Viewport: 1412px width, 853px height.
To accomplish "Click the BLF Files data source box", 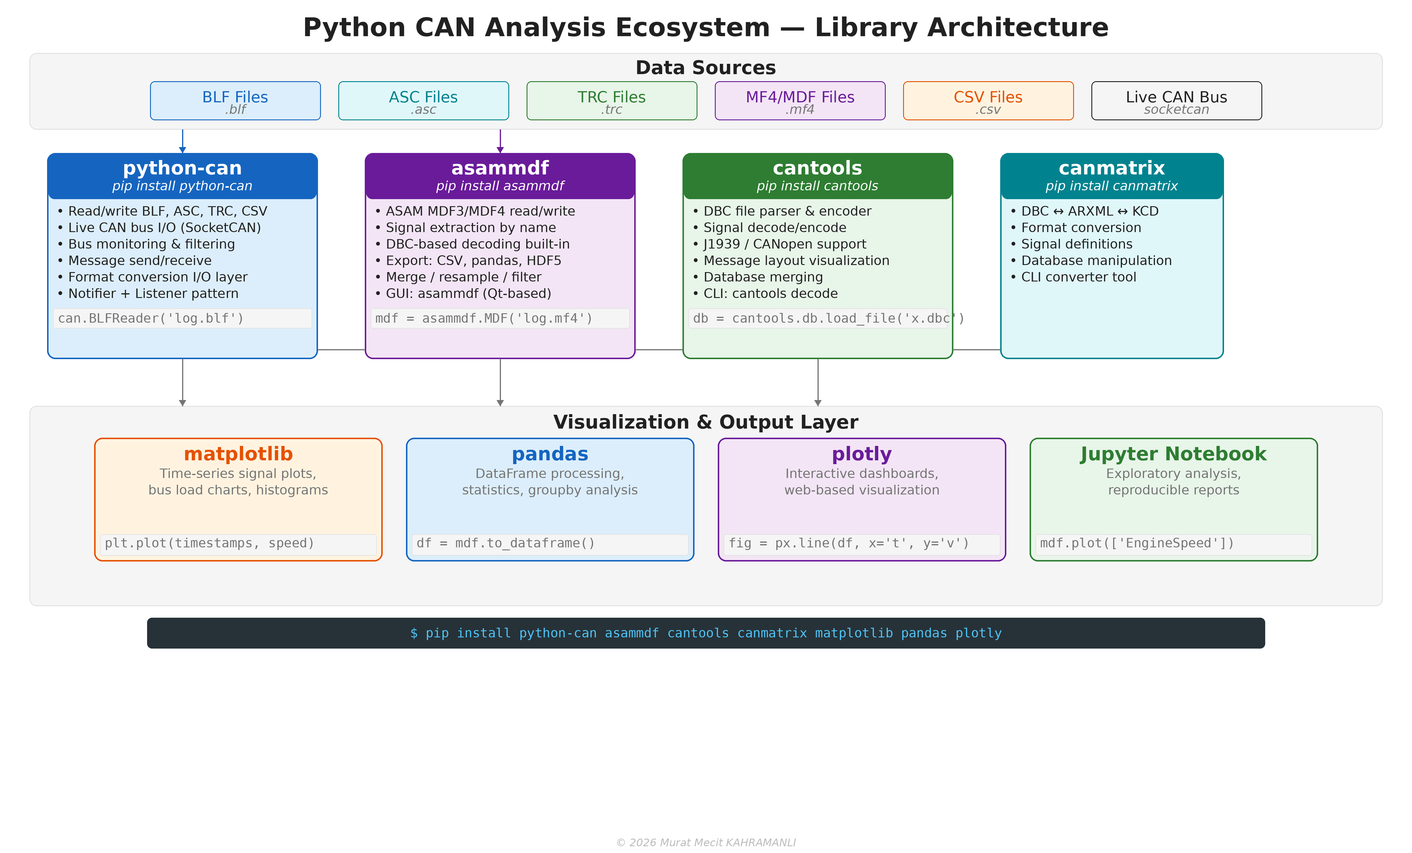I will (x=235, y=101).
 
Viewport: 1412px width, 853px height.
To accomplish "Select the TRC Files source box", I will (x=612, y=101).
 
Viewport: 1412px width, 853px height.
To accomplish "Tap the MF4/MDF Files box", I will (x=800, y=101).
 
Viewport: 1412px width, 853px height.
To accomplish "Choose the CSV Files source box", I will (x=988, y=101).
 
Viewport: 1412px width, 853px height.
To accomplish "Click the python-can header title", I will (x=182, y=168).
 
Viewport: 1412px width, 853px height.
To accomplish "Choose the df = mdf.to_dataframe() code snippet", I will (x=505, y=543).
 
